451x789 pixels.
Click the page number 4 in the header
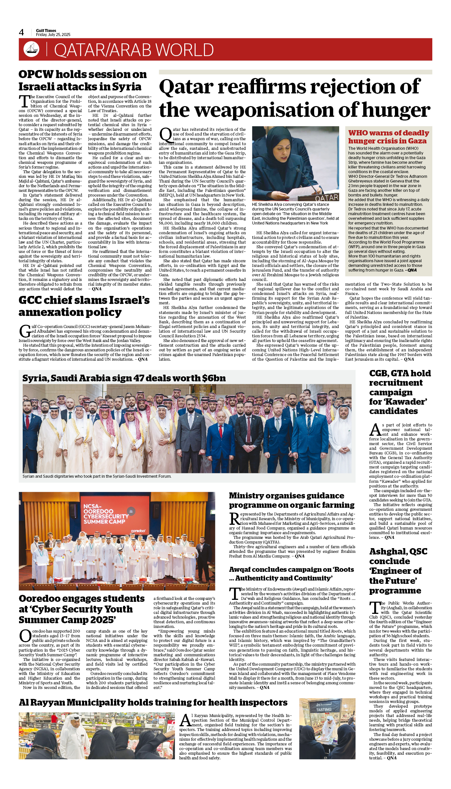click(21, 32)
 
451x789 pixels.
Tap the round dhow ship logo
click(31, 49)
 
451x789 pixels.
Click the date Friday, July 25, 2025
click(53, 35)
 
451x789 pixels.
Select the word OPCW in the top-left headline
click(36, 74)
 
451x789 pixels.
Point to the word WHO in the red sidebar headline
click(358, 133)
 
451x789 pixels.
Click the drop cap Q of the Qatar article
click(165, 134)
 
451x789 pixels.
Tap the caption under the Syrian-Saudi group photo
click(97, 476)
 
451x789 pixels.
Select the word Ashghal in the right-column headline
click(387, 551)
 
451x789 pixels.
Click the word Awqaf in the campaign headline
click(240, 569)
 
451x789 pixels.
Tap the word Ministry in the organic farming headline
click(246, 496)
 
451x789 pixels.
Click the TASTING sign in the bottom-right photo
click(324, 710)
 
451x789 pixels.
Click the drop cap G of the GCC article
click(25, 331)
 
